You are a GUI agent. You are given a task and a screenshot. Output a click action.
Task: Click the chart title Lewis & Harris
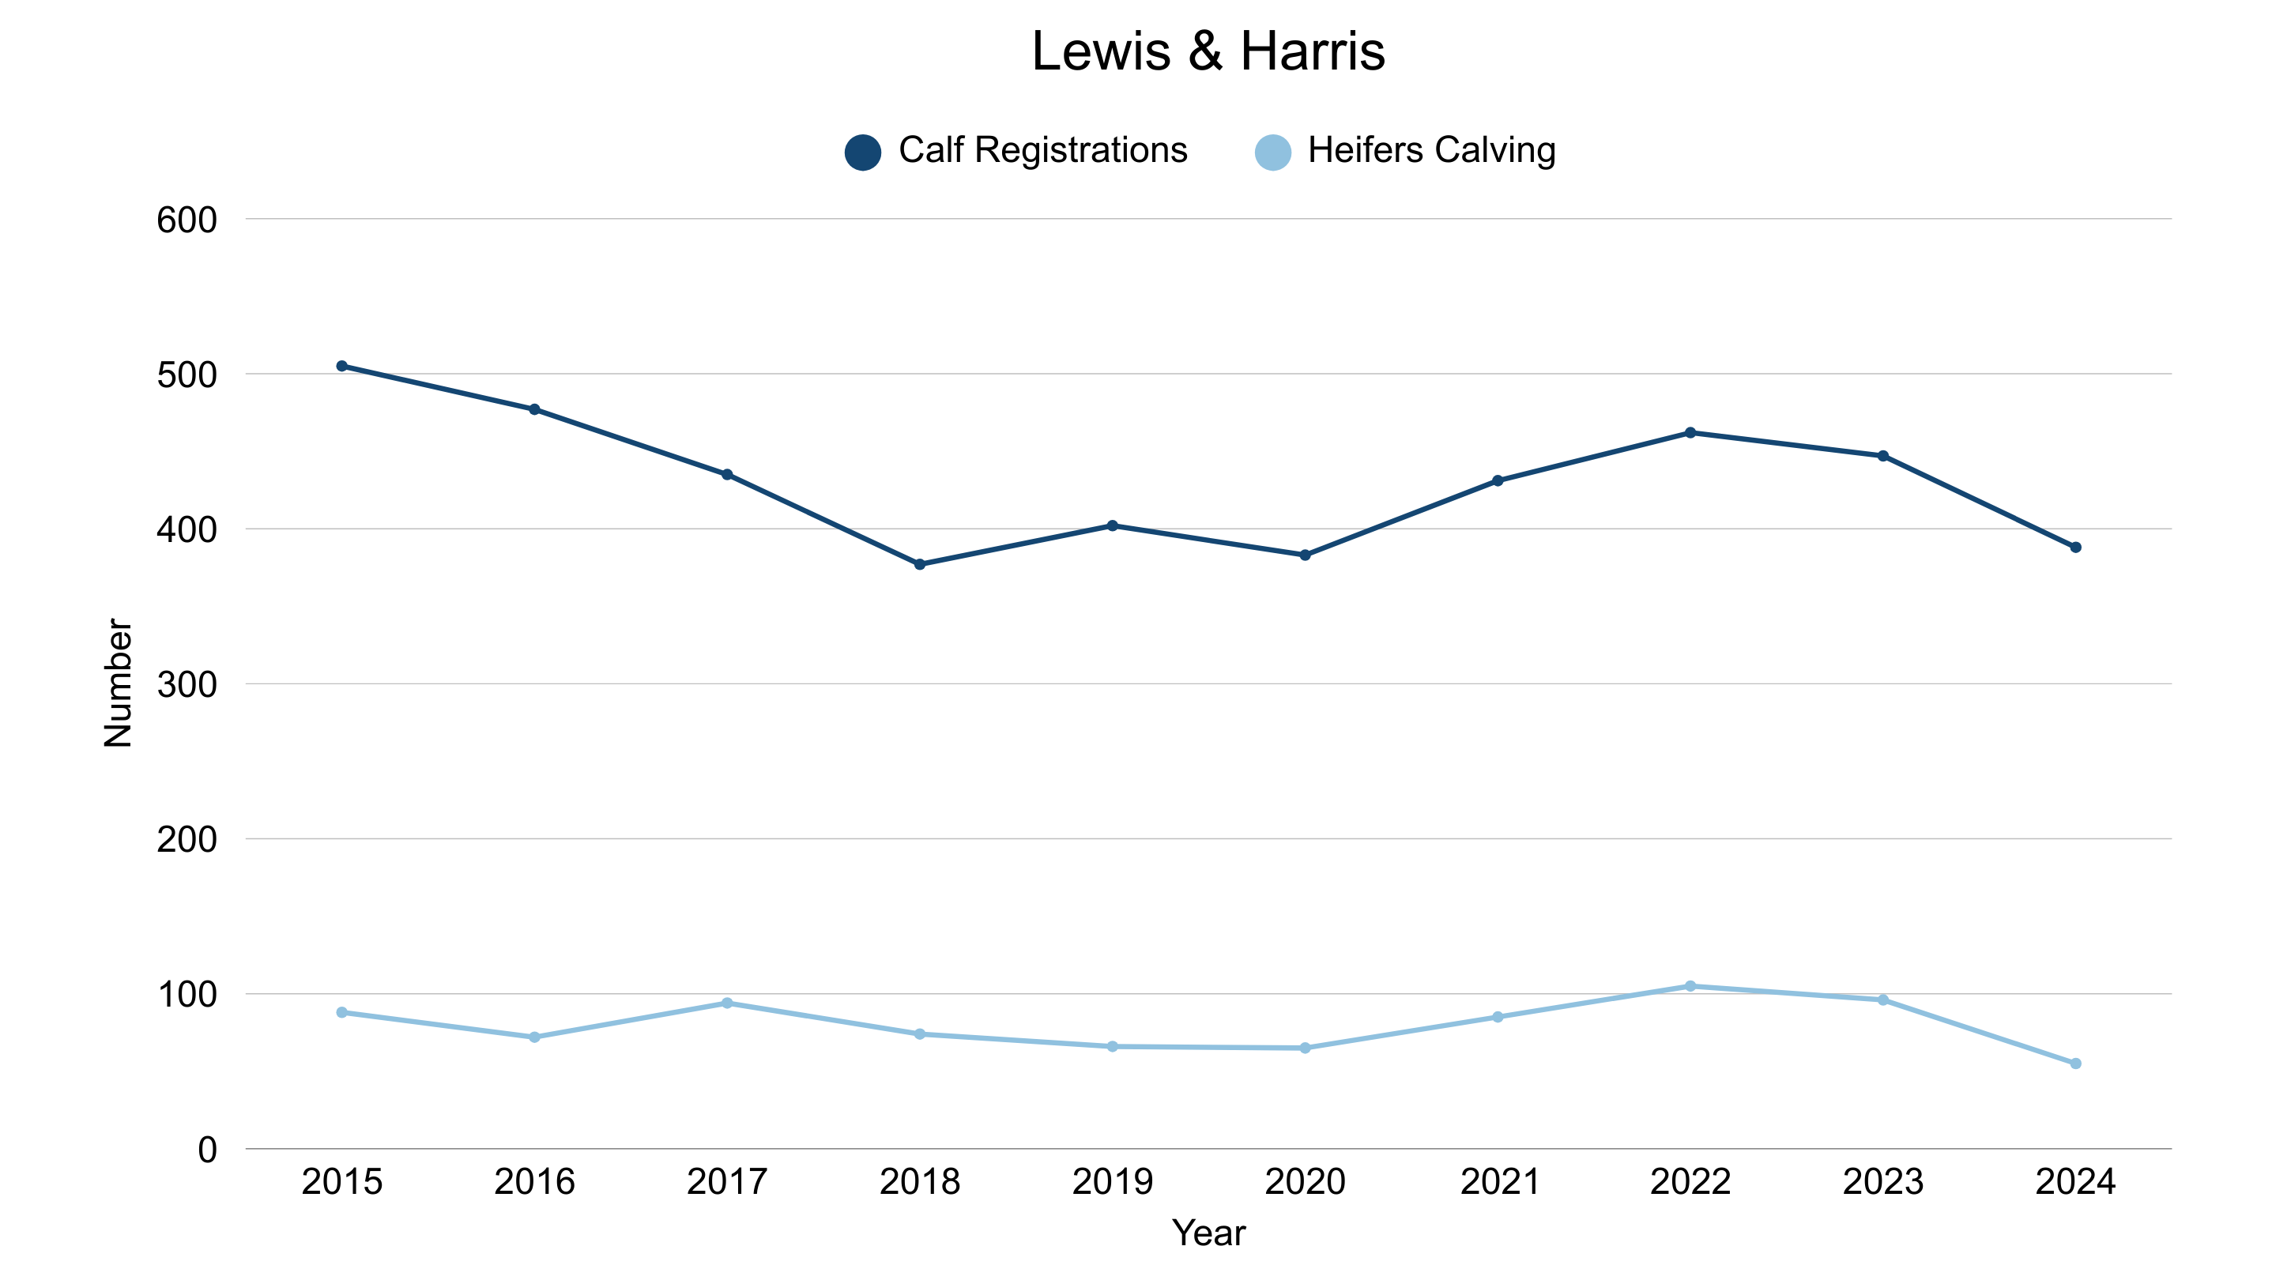click(x=1208, y=51)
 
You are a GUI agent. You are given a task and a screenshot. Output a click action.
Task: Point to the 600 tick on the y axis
click(x=187, y=220)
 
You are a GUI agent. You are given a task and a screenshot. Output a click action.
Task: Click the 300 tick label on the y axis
click(x=187, y=684)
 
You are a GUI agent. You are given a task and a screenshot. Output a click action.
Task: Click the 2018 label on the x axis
click(x=920, y=1182)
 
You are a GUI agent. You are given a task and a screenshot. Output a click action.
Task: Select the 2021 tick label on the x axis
click(x=1498, y=1182)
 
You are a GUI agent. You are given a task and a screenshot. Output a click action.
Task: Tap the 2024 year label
click(x=2075, y=1182)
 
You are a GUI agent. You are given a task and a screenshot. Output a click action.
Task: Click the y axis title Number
click(x=118, y=683)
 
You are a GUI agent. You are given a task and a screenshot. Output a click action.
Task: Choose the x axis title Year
click(x=1208, y=1233)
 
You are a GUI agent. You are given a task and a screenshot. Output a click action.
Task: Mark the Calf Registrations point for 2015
click(x=342, y=366)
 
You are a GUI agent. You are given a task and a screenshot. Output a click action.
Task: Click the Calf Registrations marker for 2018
click(x=920, y=564)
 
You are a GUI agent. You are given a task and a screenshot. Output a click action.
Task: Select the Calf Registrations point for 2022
click(x=1690, y=433)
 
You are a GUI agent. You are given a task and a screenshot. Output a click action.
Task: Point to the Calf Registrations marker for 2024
click(x=2075, y=548)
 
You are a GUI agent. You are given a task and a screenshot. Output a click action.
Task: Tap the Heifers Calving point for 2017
click(x=727, y=1003)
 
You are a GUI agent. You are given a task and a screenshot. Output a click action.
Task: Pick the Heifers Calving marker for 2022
click(x=1690, y=987)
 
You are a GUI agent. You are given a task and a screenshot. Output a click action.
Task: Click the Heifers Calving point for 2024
click(x=2075, y=1064)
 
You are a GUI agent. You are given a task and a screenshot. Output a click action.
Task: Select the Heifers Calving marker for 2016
click(x=534, y=1037)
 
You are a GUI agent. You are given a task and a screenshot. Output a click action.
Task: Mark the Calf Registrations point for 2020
click(x=1305, y=555)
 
